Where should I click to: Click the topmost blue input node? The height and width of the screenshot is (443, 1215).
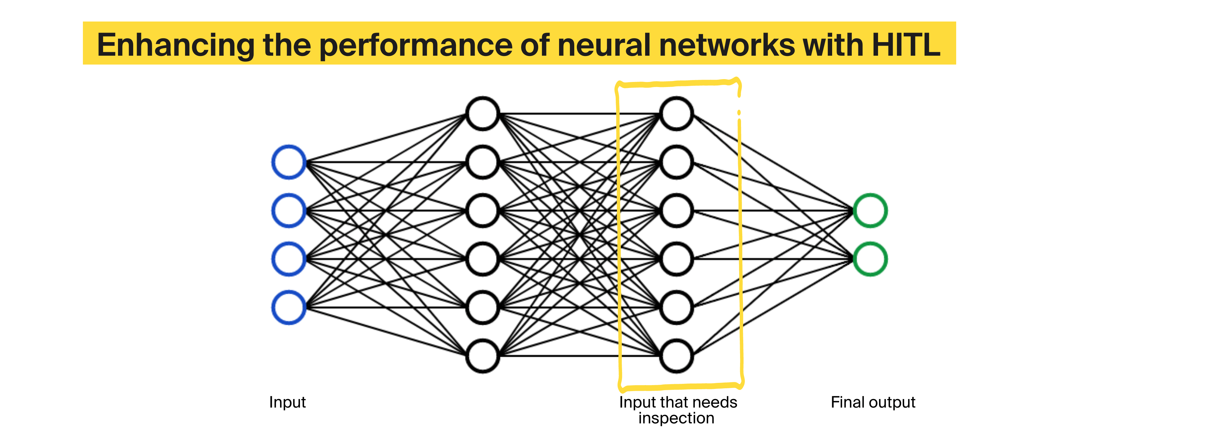point(289,162)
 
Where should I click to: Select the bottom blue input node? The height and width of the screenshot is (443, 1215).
point(289,307)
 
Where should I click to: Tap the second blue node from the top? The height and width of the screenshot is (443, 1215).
point(289,210)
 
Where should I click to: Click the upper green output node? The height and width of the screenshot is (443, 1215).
point(870,210)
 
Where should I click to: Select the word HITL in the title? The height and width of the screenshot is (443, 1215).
point(906,45)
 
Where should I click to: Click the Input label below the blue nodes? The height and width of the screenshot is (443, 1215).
point(287,402)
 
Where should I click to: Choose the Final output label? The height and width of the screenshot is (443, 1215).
point(873,402)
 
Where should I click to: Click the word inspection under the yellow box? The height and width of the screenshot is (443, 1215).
point(676,418)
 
